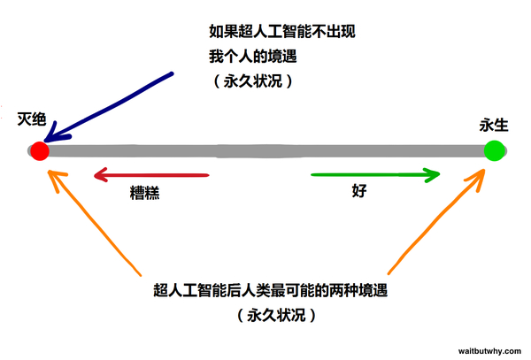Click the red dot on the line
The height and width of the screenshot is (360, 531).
click(x=40, y=151)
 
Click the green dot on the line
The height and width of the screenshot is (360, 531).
click(x=494, y=150)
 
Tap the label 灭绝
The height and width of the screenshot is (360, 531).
click(x=32, y=119)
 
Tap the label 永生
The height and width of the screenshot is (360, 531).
click(x=494, y=126)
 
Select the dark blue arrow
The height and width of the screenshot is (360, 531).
click(x=108, y=107)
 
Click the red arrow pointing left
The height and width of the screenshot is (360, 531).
click(x=151, y=175)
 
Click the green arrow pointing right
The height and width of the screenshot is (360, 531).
click(x=375, y=175)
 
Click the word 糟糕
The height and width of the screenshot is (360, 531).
click(x=144, y=193)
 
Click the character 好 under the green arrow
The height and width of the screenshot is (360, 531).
click(x=359, y=191)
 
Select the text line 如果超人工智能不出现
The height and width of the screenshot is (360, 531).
click(x=282, y=32)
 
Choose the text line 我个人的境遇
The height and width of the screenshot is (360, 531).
click(x=252, y=56)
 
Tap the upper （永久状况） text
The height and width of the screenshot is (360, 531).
click(x=253, y=81)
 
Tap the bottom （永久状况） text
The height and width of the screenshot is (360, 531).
click(x=276, y=315)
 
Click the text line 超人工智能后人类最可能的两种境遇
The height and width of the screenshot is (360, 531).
click(x=270, y=290)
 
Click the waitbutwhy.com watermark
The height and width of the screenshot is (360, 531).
click(x=489, y=351)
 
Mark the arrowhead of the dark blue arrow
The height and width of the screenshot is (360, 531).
click(x=45, y=142)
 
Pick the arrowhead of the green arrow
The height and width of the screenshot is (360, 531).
click(x=439, y=174)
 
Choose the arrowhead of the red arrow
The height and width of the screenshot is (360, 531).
click(x=95, y=175)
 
